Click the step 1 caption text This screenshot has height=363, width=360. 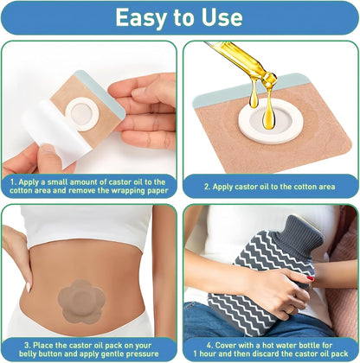pyautogui.click(x=91, y=186)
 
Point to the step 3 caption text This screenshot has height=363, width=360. pyautogui.click(x=90, y=347)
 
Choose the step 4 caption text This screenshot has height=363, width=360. pyautogui.click(x=270, y=347)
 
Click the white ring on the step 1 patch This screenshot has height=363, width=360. pyautogui.click(x=82, y=111)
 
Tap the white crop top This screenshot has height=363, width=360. pyautogui.click(x=87, y=226)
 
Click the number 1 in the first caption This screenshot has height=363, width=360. pyautogui.click(x=13, y=181)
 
